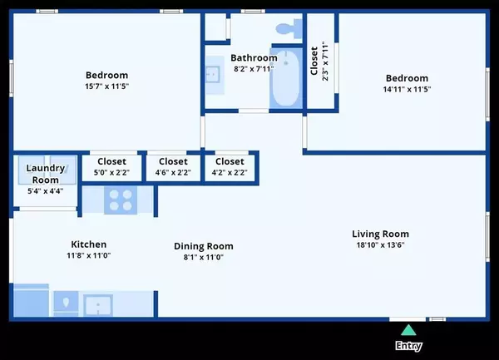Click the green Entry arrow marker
(408, 330)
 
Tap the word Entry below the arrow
(408, 346)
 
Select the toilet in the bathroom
(285, 27)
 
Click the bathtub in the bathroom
(286, 80)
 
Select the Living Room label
(380, 234)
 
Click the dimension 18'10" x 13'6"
(380, 245)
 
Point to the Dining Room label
(203, 246)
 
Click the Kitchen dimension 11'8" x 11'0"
(88, 256)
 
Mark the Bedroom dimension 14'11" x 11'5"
(407, 89)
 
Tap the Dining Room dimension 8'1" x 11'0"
(203, 258)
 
